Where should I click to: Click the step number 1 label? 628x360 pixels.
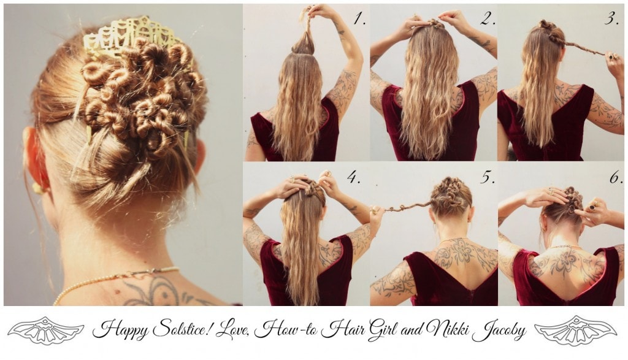pyautogui.click(x=359, y=18)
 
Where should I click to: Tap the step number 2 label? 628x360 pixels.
pyautogui.click(x=488, y=18)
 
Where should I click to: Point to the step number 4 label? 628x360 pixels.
pyautogui.click(x=354, y=177)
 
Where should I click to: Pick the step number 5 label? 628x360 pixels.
pyautogui.click(x=488, y=178)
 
